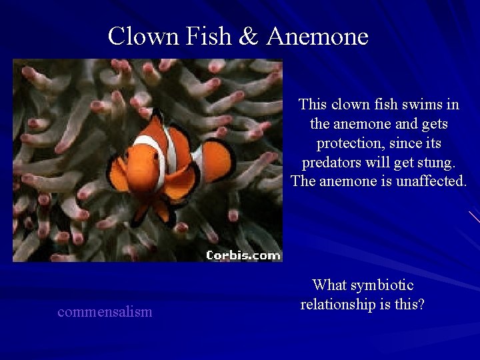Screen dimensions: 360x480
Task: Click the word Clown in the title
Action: (x=139, y=36)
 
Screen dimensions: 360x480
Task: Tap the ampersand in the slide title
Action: (x=247, y=36)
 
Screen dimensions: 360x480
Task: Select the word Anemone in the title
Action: (x=317, y=36)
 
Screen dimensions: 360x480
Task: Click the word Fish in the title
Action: (x=203, y=36)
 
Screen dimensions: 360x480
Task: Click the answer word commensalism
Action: (x=105, y=311)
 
